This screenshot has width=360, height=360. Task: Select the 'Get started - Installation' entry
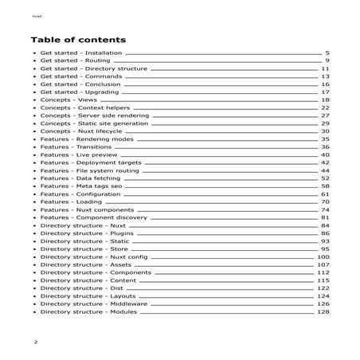tap(80, 53)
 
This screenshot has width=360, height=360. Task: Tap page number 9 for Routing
tap(327, 61)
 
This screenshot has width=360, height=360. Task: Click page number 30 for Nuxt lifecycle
tap(325, 131)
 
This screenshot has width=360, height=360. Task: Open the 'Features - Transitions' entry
tap(76, 147)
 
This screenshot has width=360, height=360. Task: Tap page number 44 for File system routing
tap(325, 170)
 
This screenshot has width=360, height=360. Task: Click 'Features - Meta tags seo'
tap(80, 186)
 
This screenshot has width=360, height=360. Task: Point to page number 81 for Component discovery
tap(325, 217)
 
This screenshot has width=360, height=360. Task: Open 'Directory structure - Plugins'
tap(85, 233)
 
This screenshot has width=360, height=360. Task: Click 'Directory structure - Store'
tap(84, 248)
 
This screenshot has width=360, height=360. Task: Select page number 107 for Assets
tap(323, 264)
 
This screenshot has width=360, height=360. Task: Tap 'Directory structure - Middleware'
tap(93, 303)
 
